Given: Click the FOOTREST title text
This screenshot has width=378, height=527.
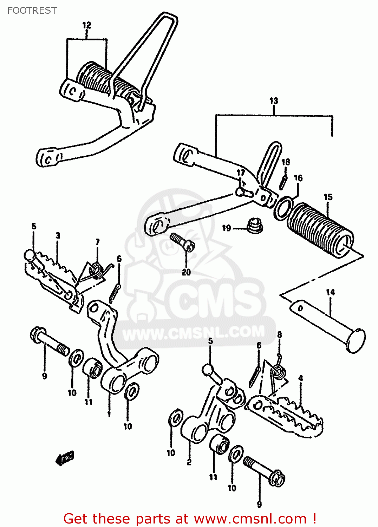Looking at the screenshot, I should (x=32, y=11).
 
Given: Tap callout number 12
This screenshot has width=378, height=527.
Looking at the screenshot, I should (x=86, y=25).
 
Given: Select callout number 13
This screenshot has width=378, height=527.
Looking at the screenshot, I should (x=274, y=101).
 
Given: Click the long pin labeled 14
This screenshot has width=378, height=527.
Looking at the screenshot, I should (x=327, y=323).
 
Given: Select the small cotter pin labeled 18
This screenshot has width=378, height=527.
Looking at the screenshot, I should (x=284, y=182).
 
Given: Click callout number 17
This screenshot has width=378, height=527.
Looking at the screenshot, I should (x=241, y=173).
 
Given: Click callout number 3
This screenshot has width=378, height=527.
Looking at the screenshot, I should (x=58, y=235).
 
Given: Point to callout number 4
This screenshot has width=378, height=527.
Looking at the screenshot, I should (x=300, y=378).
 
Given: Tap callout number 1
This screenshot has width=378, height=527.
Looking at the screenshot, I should (x=109, y=414).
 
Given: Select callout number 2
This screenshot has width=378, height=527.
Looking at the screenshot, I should (x=189, y=462).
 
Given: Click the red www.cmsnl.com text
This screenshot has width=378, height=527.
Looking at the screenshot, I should (x=250, y=519).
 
